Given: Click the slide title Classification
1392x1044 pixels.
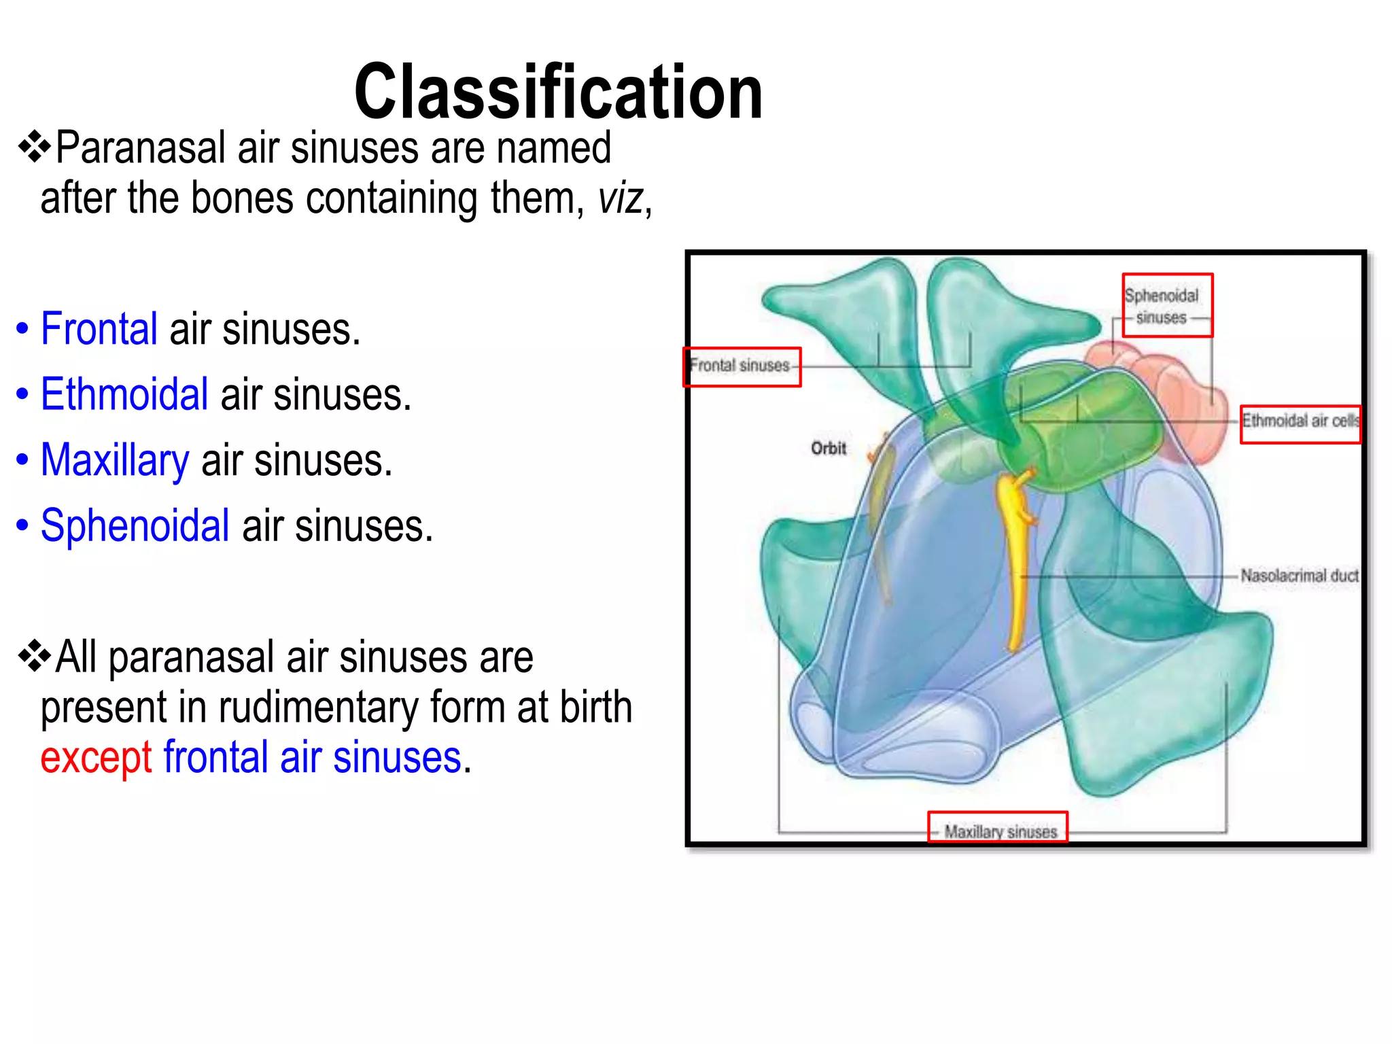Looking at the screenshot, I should click(x=558, y=92).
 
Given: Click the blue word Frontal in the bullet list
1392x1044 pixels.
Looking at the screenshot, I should click(x=99, y=329).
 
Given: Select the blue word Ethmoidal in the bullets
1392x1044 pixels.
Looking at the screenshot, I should click(x=124, y=394).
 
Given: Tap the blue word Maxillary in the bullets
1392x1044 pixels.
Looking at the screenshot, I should click(x=115, y=460).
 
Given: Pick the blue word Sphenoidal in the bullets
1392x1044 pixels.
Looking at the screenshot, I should click(x=135, y=525).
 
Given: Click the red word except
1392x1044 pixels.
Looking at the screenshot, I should click(x=96, y=757).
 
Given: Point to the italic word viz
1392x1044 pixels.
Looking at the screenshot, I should click(x=621, y=198).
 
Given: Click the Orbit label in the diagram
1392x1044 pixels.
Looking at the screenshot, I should click(x=828, y=448).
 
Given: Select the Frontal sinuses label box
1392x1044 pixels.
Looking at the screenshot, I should click(x=742, y=366).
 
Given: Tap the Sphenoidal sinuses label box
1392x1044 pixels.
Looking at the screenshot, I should click(x=1166, y=305).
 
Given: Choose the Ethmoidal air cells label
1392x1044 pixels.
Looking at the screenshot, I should click(x=1300, y=423).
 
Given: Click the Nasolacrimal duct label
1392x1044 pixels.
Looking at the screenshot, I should click(x=1299, y=576).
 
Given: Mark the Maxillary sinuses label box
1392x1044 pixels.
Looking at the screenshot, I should click(x=997, y=828).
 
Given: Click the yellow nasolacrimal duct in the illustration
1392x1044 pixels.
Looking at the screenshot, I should click(x=1015, y=557).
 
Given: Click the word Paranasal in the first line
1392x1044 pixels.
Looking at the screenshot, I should click(x=140, y=148).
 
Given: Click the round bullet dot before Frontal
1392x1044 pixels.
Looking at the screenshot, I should click(x=22, y=330).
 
